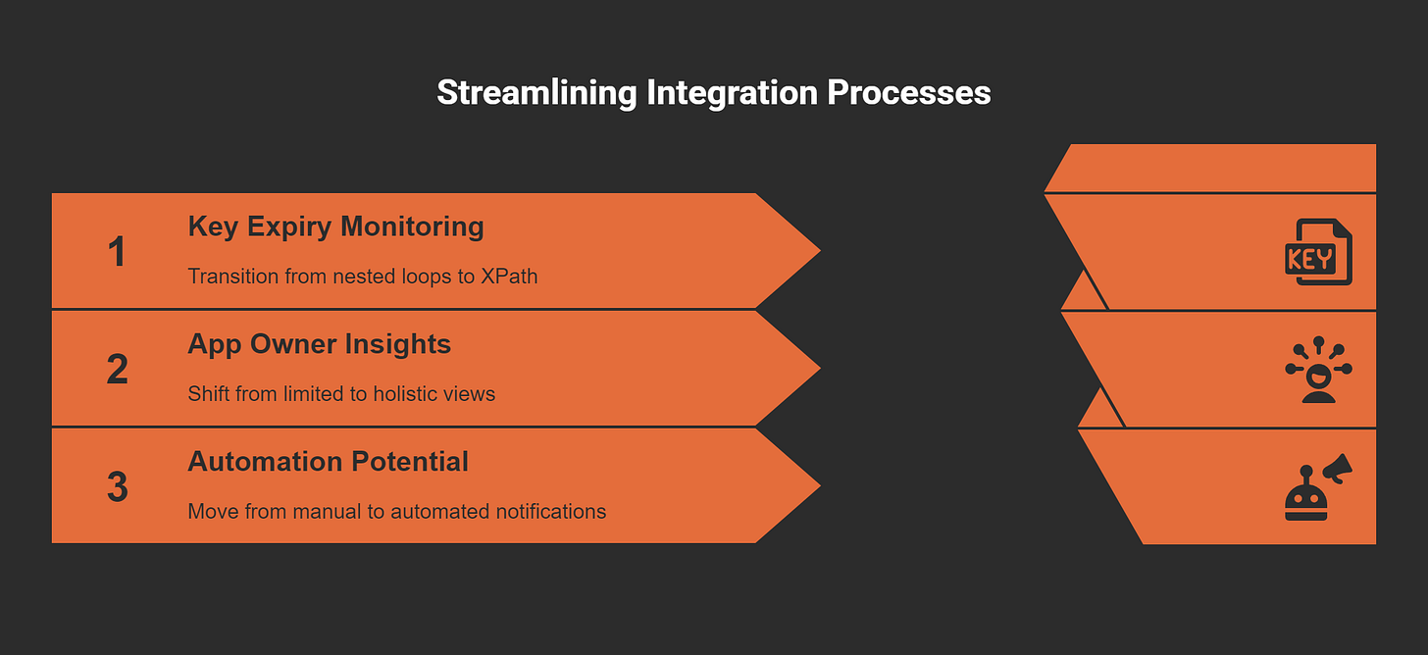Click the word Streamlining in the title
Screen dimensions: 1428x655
point(536,94)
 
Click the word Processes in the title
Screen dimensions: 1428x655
point(909,92)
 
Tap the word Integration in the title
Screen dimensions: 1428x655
point(732,94)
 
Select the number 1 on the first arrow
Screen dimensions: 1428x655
point(116,251)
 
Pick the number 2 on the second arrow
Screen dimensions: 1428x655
point(118,369)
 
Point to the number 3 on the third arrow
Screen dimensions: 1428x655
point(118,486)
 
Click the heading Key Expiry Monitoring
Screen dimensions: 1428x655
point(336,227)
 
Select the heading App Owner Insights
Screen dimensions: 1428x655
point(320,345)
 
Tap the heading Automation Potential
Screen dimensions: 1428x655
point(328,461)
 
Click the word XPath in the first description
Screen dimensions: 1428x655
point(509,277)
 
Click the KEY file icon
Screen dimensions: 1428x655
point(1318,252)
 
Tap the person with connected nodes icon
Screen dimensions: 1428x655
point(1318,370)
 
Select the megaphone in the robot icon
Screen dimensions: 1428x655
point(1338,469)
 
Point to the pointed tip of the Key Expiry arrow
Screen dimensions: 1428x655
point(820,251)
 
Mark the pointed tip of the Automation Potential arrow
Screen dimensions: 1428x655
point(820,486)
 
